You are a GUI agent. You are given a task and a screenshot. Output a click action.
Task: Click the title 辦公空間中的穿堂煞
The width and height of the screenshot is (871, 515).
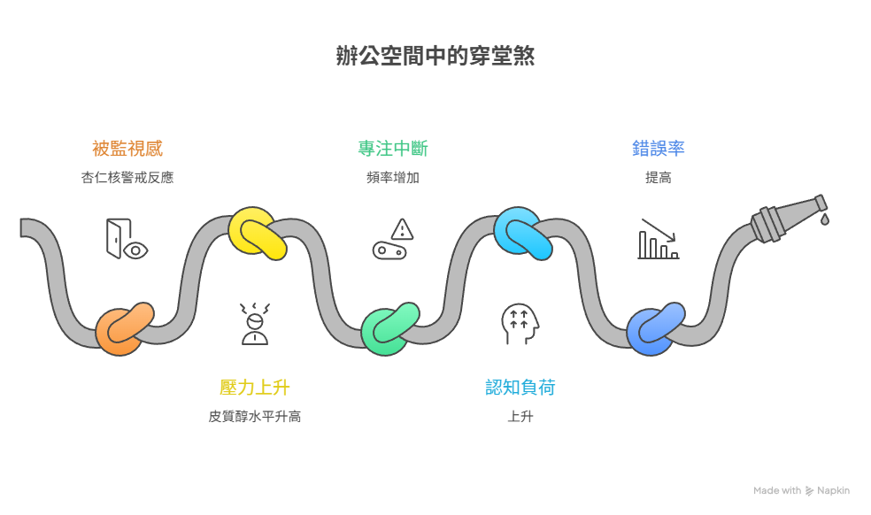pos(435,57)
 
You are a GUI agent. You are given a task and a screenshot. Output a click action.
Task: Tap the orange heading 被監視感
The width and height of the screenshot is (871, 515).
pos(127,148)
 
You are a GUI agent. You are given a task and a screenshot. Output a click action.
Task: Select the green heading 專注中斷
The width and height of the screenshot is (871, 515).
pos(392,148)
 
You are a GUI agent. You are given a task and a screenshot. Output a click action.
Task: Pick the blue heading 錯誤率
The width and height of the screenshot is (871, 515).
pos(658,148)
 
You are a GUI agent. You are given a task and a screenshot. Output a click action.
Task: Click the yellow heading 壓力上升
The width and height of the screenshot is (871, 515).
pos(255,387)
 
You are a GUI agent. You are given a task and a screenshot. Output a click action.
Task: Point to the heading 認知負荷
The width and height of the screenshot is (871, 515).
pos(520,387)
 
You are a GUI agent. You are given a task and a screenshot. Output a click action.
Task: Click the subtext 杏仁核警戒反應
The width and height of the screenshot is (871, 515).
pos(127,177)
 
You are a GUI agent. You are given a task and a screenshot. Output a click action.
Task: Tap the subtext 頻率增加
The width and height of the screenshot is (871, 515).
pos(392,177)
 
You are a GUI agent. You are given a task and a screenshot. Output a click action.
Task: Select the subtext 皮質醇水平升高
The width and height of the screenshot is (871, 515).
pos(255,416)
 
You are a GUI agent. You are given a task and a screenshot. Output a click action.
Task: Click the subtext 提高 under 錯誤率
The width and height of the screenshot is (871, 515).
pos(658,177)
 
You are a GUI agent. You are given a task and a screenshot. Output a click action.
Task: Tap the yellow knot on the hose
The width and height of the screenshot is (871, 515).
pos(257,234)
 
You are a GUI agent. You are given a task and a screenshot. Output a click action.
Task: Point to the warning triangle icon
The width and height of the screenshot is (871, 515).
pos(403,229)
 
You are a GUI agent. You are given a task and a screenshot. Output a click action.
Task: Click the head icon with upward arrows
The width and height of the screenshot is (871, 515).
pos(520,323)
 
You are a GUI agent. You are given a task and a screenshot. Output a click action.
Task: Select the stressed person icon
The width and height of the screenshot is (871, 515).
pos(255,323)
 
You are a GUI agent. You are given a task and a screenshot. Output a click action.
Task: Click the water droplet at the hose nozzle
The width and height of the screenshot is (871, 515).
pos(824,218)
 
